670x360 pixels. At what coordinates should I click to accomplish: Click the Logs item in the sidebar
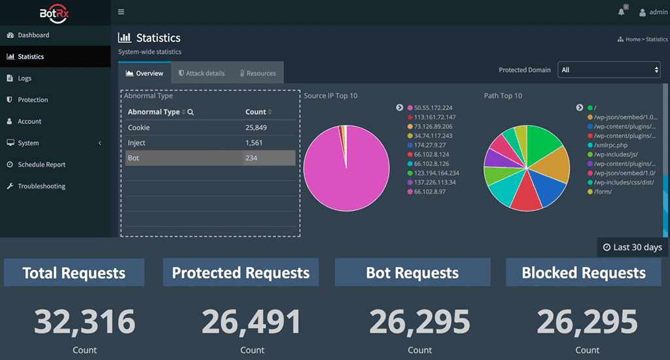coord(24,79)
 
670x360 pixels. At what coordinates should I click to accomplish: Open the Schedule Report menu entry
coord(41,165)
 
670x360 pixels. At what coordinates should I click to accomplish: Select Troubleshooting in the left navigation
coord(41,187)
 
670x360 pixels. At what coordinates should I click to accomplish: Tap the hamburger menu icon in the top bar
coord(121,12)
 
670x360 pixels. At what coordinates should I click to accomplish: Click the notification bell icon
coord(622,12)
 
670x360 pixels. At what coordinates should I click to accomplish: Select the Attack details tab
coord(202,73)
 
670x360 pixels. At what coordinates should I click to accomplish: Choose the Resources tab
coord(257,73)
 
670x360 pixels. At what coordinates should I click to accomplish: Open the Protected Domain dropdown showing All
coord(608,70)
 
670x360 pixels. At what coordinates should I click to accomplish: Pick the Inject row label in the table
coord(137,143)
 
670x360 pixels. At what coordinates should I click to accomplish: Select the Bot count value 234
coord(251,158)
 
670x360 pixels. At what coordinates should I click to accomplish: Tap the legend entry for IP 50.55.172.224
coord(434,107)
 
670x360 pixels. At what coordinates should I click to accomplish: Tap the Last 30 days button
coord(633,247)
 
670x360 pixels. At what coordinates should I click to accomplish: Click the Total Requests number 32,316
coord(84,322)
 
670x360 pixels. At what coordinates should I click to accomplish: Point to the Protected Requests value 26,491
coord(252,322)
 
